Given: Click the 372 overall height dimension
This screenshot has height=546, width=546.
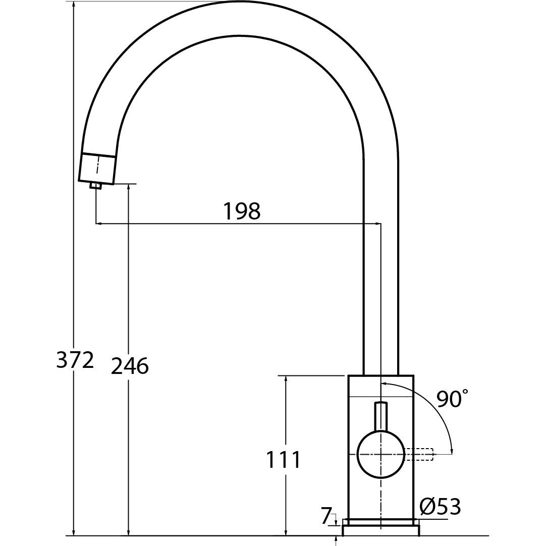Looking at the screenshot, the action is click(75, 360).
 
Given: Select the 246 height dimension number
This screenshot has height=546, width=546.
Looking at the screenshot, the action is click(130, 366).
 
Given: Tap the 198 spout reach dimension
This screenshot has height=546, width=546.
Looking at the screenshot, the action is click(242, 211).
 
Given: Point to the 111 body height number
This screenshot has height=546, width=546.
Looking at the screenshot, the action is click(283, 459).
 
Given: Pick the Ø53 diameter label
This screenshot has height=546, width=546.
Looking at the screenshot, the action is click(441, 506).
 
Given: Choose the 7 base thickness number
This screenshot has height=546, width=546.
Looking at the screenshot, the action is click(325, 516).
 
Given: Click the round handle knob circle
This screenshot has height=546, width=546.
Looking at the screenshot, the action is click(381, 455).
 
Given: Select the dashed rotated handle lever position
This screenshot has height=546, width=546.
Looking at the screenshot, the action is click(418, 455).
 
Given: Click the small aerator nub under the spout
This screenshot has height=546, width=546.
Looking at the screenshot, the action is click(95, 186).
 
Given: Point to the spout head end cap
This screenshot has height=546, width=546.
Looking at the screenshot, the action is click(97, 168).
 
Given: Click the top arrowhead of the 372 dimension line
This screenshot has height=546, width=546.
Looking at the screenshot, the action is click(74, 6).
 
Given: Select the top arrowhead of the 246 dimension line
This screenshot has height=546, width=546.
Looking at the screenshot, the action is click(129, 188).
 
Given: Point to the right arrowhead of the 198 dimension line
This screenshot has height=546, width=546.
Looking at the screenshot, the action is click(377, 223).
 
